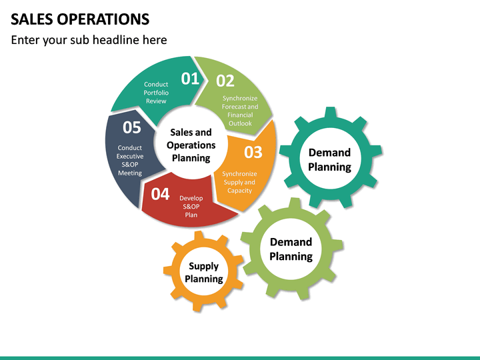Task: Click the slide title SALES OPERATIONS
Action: (x=80, y=19)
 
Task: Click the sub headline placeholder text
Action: (x=89, y=40)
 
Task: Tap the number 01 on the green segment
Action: (x=191, y=79)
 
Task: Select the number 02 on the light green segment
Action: (x=225, y=81)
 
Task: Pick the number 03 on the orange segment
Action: (x=253, y=152)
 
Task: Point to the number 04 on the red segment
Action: (x=161, y=195)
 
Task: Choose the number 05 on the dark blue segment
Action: (x=132, y=127)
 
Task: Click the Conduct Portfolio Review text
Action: (x=156, y=93)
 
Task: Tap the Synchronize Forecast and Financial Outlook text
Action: (x=240, y=111)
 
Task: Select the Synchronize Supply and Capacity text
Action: (x=239, y=182)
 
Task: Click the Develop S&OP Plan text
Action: (x=191, y=206)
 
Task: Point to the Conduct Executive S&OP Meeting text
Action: (x=130, y=160)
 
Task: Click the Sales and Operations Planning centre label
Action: (x=191, y=145)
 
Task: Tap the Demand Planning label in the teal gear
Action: (x=329, y=160)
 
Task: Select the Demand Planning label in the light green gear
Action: (x=291, y=249)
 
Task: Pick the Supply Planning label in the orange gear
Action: (x=203, y=272)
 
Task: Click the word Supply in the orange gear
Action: (x=203, y=266)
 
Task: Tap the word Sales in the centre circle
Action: (x=181, y=133)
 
